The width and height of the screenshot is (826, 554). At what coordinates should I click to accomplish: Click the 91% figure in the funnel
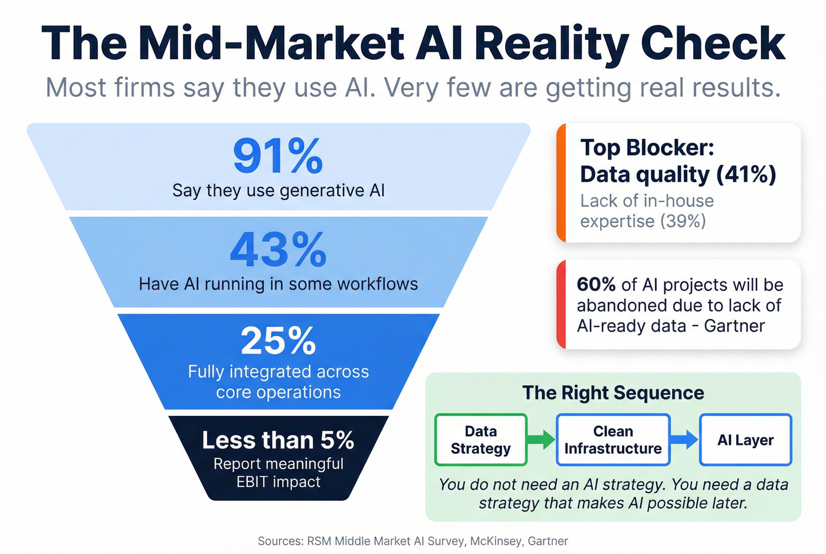coord(278,156)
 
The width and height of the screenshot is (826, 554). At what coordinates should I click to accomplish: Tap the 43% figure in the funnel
coord(278,250)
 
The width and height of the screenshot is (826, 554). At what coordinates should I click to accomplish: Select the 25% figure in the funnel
coord(278,341)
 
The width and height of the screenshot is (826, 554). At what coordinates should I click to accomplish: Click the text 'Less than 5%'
coord(278,440)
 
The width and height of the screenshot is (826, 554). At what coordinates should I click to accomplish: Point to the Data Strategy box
coord(480,440)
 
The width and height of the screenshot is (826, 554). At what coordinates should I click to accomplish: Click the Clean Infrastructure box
coord(612,440)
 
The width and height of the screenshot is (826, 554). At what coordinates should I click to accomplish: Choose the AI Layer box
coord(745,440)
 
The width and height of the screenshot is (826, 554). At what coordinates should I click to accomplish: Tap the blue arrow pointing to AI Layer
coord(684,439)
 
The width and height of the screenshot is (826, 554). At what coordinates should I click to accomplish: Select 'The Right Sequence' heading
coord(613,393)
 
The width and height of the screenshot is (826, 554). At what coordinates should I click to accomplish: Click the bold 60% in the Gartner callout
coord(596,284)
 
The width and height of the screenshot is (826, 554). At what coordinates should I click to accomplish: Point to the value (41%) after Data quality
coord(746,175)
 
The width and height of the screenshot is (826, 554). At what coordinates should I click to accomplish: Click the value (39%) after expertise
coord(683,221)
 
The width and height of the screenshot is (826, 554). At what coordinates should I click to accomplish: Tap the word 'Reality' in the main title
coord(552,44)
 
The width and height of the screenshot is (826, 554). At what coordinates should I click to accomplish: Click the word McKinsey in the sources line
coord(496,541)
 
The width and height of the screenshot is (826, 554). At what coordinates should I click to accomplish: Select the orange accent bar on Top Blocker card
coord(561,183)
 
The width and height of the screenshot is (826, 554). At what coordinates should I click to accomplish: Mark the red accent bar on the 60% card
coord(561,304)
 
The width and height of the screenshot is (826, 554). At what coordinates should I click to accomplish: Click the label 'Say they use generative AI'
coord(278,191)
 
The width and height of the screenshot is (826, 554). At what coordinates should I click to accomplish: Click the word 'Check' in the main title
coord(713,44)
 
